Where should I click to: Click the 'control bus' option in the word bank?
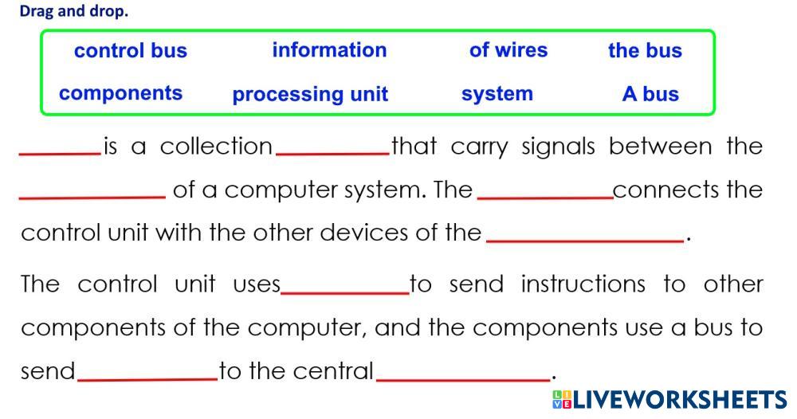[x=130, y=51]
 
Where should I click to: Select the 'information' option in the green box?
[x=329, y=50]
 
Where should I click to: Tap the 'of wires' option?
[x=508, y=50]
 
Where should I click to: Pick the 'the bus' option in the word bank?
[x=645, y=51]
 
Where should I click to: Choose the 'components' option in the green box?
[x=120, y=93]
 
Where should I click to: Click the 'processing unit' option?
[x=310, y=95]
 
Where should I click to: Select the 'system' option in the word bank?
[x=497, y=94]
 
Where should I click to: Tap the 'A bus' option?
[x=650, y=94]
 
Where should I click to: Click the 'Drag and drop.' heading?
[x=73, y=12]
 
